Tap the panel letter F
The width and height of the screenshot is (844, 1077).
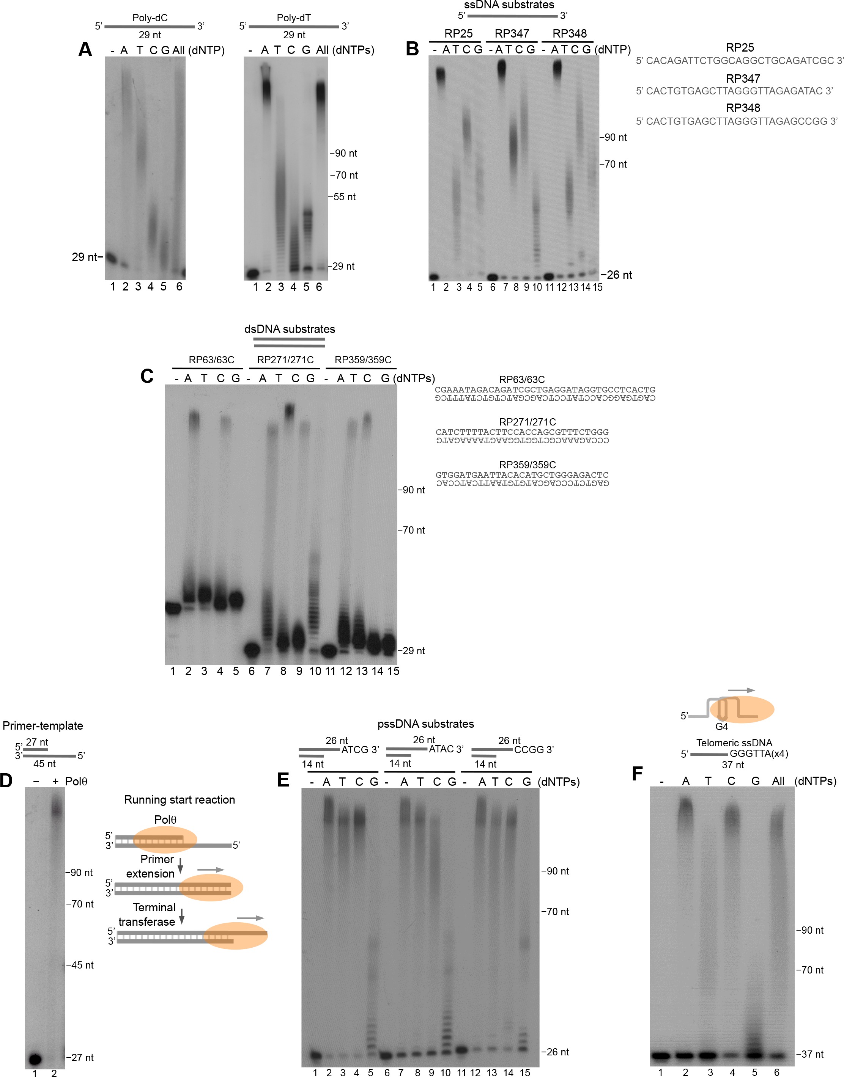pos(638,773)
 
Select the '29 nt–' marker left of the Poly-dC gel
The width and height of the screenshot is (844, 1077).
pos(87,257)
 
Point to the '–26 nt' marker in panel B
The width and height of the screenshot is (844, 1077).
pos(616,275)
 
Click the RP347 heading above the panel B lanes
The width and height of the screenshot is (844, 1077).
pos(512,34)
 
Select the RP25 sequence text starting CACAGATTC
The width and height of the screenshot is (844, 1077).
pos(739,61)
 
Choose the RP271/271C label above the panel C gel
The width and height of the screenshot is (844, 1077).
pos(285,360)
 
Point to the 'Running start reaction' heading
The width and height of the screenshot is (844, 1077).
pos(180,799)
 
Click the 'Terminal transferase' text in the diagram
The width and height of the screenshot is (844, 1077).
pos(147,915)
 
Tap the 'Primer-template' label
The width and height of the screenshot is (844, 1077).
pos(43,725)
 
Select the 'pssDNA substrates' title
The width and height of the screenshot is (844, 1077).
pos(425,724)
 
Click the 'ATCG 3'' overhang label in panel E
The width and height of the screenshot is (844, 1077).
pos(360,750)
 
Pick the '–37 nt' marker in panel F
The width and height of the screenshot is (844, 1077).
pos(809,1054)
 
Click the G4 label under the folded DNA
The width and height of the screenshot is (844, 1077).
pos(721,726)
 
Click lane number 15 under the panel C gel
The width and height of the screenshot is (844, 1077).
pos(393,671)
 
